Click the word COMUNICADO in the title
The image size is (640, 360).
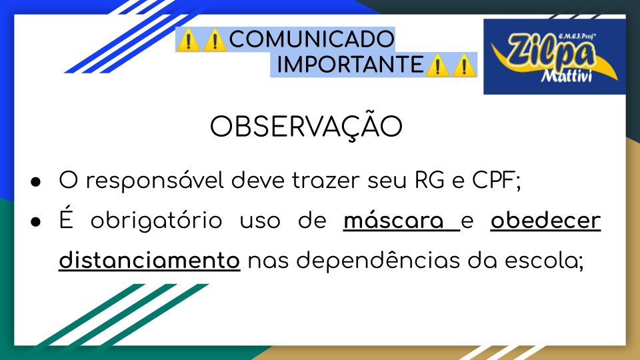[312, 39]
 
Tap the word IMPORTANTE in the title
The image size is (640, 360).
[350, 65]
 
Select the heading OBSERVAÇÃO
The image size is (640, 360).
[306, 126]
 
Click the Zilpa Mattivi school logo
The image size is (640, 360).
[554, 57]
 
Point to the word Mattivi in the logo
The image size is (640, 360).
[566, 75]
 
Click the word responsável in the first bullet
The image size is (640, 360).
[155, 181]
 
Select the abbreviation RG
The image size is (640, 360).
[429, 180]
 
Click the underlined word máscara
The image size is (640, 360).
[393, 221]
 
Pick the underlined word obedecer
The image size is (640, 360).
[546, 221]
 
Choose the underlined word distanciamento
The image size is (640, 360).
[149, 261]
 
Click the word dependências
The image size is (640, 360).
[378, 261]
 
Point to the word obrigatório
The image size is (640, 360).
[156, 221]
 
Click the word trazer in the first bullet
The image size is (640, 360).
[326, 181]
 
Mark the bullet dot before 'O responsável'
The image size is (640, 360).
[36, 182]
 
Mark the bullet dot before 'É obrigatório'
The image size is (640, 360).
[36, 222]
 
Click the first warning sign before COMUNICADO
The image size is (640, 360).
[188, 40]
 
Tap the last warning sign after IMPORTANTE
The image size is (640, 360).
[464, 65]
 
